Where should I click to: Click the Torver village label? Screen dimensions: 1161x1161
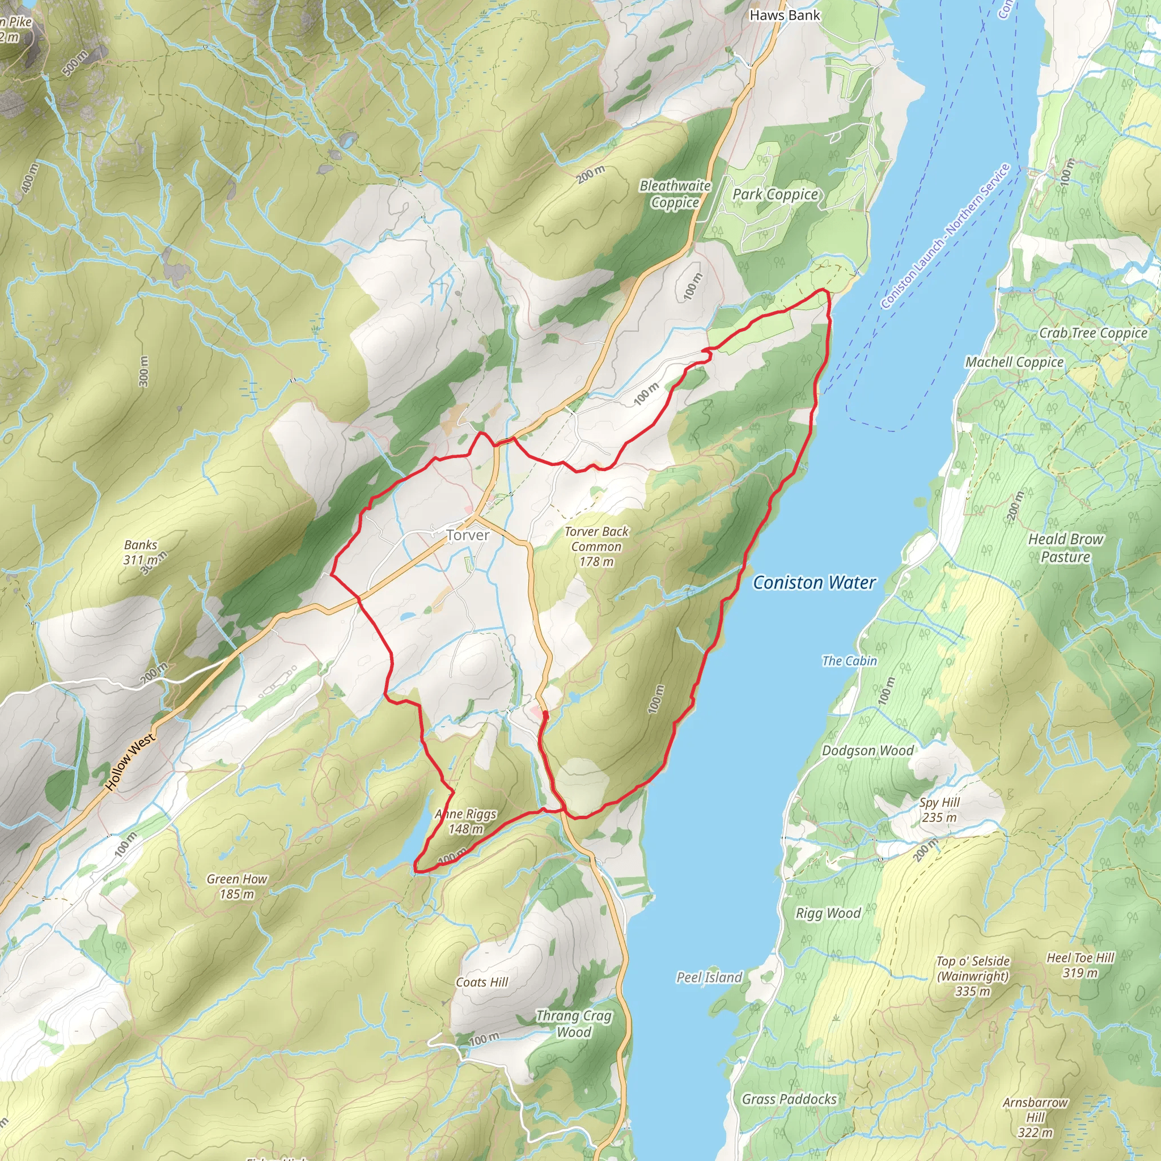point(468,535)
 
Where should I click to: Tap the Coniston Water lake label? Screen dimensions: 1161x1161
point(814,582)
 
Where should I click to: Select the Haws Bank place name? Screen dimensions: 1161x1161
point(784,16)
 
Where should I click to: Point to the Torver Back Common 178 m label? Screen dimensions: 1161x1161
point(596,546)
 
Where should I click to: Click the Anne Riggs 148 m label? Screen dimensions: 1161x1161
point(466,821)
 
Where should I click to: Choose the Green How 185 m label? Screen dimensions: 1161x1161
point(237,887)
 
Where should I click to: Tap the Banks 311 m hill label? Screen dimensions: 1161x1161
point(141,552)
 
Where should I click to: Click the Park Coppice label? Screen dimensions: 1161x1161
point(774,194)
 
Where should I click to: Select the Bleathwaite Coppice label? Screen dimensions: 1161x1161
point(675,194)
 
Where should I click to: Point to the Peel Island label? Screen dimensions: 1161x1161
point(709,978)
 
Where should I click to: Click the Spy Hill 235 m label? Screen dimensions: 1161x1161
point(939,810)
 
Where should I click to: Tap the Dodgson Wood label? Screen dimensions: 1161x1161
point(867,751)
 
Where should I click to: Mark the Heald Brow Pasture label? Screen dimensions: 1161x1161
point(1065,548)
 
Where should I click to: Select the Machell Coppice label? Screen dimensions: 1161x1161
point(1014,362)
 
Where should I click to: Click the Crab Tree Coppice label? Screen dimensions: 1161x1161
point(1093,333)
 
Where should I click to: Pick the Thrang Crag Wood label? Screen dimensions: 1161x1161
point(573,1023)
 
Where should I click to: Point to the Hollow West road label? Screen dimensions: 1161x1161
point(130,761)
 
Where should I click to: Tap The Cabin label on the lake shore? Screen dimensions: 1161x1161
point(849,661)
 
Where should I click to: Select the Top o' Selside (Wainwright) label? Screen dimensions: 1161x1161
point(972,976)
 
